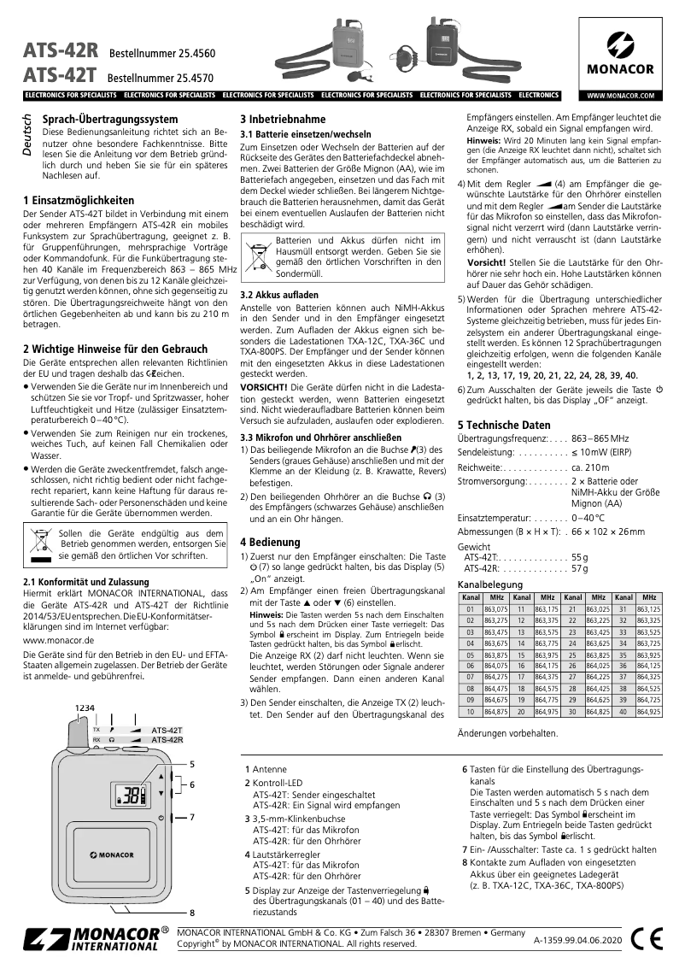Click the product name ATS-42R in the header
coord(61,51)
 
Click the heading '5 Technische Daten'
coord(504,425)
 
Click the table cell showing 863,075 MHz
coord(496,609)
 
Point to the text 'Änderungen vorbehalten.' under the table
coord(508,733)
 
